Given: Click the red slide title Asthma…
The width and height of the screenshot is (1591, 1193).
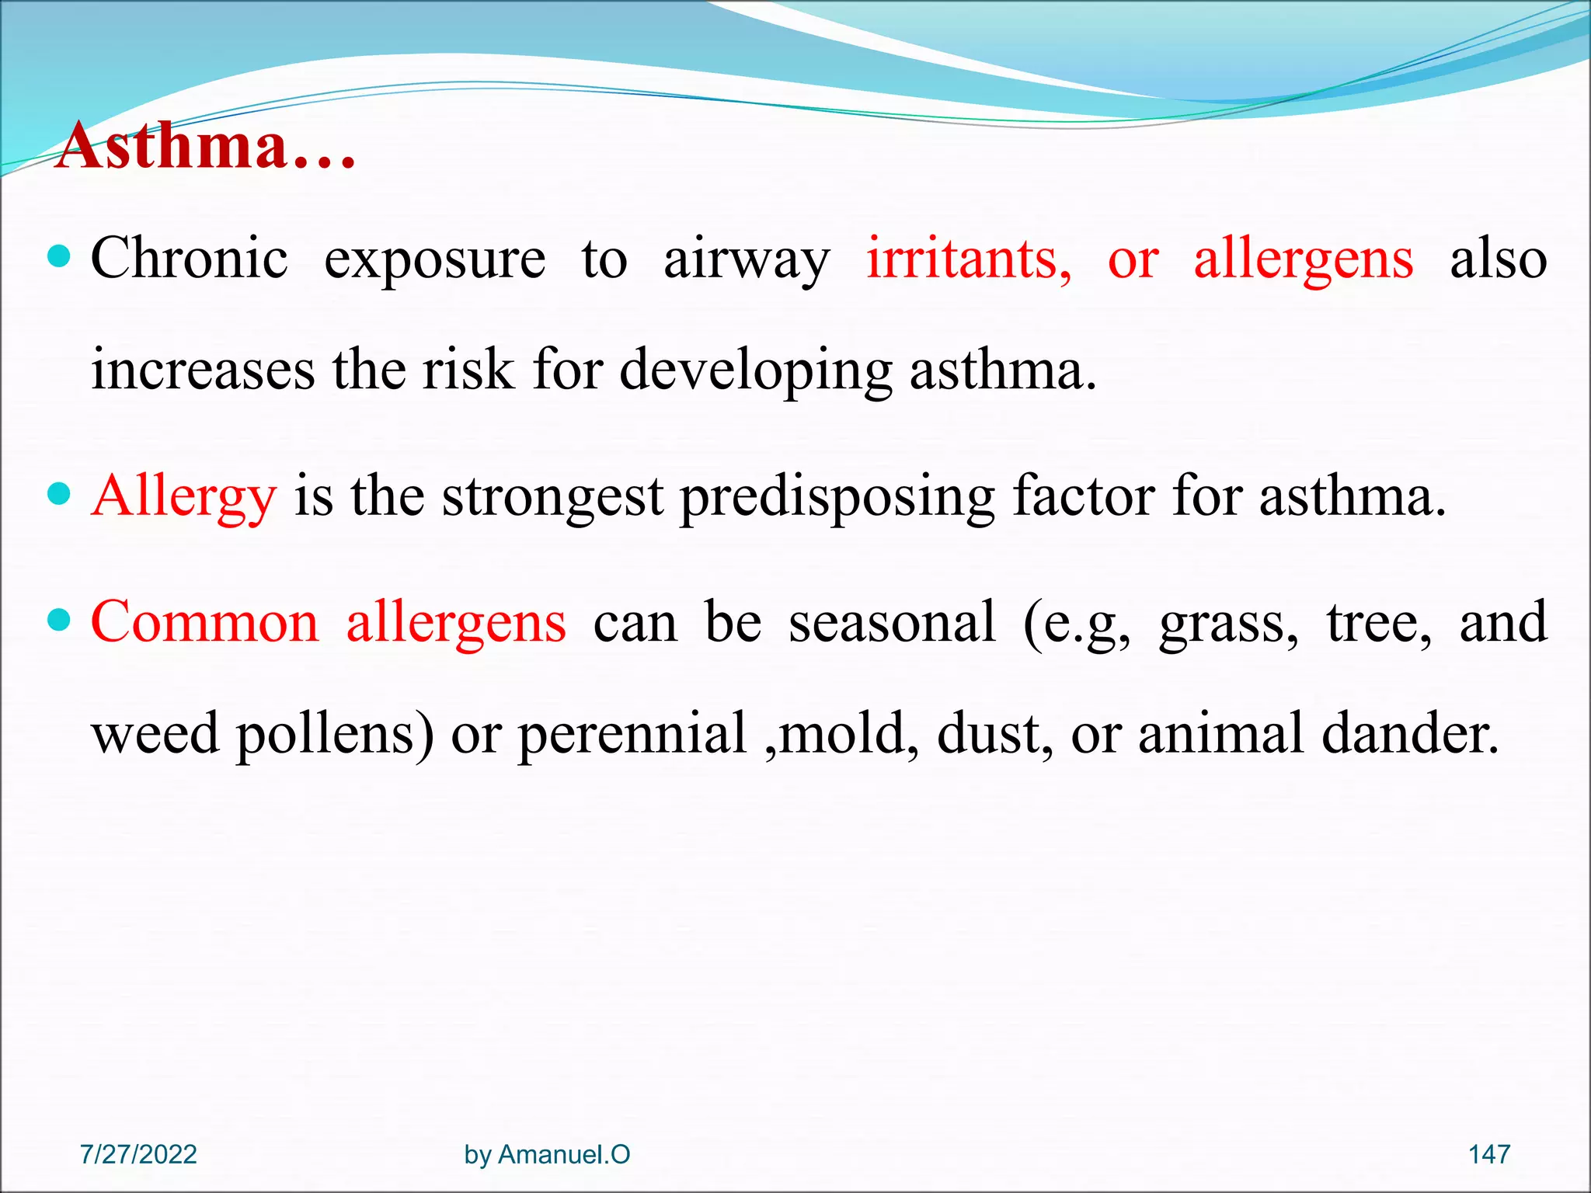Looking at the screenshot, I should pos(207,146).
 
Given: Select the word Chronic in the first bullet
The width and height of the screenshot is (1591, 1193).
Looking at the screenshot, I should pos(189,259).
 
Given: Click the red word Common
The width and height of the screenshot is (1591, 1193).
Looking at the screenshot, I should pos(204,622).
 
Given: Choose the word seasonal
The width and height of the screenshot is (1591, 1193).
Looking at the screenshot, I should pos(892,622).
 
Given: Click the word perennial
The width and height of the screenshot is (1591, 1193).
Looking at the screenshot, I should pos(632,735).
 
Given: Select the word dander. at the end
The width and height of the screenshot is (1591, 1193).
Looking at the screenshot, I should pos(1409,733).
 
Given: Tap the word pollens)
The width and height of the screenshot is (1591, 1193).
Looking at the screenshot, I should pos(335,735).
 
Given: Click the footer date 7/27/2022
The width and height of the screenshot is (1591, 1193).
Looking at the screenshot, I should pos(138,1154).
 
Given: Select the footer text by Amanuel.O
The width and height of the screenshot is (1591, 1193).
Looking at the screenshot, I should pos(547,1154).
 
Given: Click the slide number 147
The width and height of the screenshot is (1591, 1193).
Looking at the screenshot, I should pos(1488,1154).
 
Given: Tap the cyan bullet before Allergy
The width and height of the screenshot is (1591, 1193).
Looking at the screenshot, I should pos(59,493).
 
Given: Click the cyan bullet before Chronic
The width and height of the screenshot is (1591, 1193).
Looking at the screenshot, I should pos(59,256).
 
